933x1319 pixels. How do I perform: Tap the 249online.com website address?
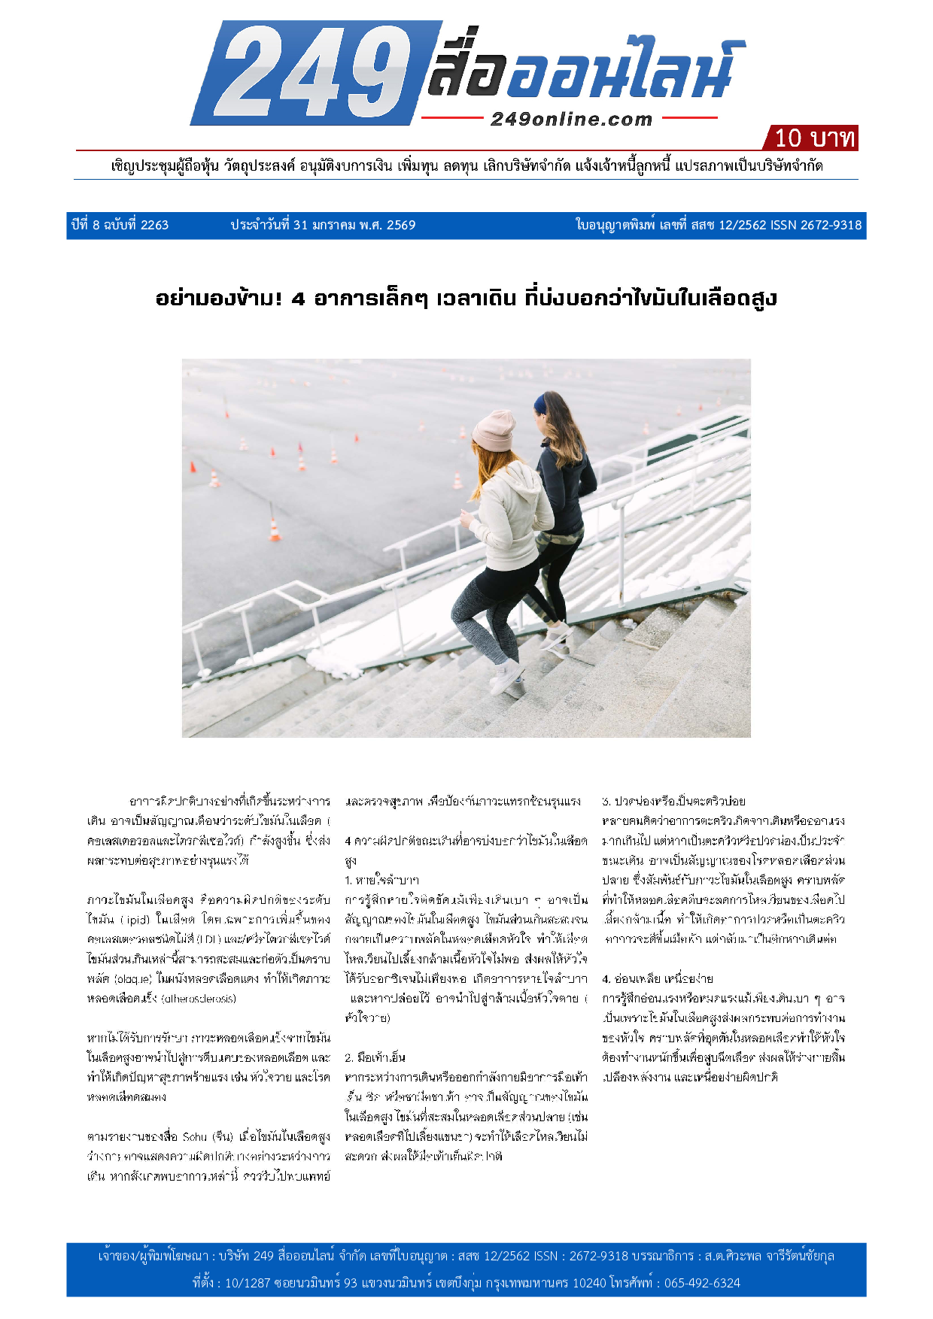point(571,119)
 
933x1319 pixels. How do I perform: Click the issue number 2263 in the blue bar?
point(154,225)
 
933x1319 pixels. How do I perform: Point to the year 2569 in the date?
point(400,225)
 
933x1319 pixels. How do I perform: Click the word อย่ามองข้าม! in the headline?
point(219,299)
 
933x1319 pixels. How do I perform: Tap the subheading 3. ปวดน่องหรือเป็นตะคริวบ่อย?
point(673,801)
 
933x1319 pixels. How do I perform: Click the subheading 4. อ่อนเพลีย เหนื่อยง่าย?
point(658,978)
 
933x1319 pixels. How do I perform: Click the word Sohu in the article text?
point(194,1136)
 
